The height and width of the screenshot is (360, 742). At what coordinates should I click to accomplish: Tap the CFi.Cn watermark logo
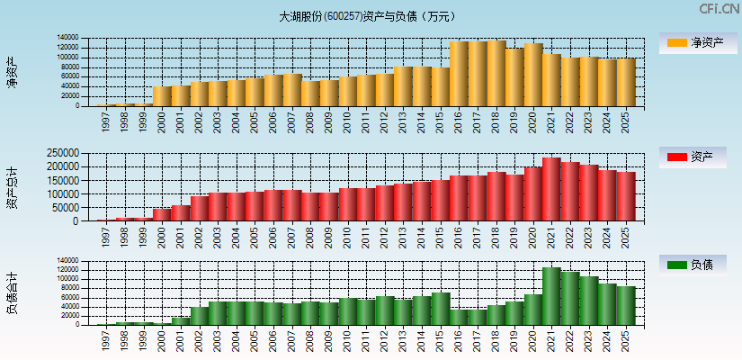click(x=720, y=9)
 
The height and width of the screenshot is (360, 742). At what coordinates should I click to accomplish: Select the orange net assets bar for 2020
click(x=533, y=75)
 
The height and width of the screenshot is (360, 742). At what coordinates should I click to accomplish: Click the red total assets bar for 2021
click(x=551, y=190)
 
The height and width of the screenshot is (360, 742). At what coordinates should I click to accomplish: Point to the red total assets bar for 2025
click(x=626, y=197)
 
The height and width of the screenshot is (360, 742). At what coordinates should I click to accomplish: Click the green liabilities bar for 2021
click(x=551, y=296)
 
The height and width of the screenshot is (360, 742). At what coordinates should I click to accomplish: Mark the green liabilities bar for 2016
click(x=459, y=317)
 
